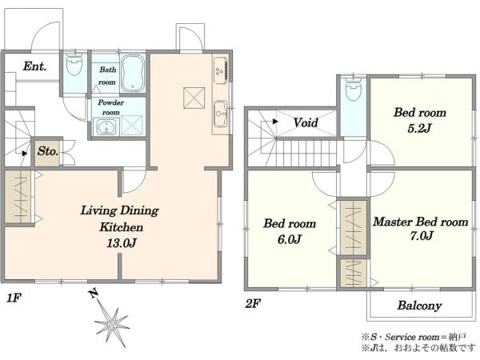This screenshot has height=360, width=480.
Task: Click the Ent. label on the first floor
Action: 34,66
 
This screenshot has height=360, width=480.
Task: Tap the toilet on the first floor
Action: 74,64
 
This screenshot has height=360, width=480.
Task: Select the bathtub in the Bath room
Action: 133,73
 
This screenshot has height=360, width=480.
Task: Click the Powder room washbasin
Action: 106,126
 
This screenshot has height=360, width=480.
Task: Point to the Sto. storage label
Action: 48,151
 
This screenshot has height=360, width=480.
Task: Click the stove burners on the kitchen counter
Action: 221,71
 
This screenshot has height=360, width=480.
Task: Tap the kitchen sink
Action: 221,114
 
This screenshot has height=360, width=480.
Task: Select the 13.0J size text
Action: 122,243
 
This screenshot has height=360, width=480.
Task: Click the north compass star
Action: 112,325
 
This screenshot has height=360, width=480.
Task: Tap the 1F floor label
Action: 14,298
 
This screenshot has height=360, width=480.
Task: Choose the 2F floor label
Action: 253,304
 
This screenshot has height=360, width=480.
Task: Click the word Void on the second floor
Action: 306,122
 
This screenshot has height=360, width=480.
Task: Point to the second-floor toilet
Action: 354,89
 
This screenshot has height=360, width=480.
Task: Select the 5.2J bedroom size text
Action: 419,128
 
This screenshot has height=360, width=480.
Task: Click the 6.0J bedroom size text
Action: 290,239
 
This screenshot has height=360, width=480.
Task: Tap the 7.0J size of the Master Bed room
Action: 422,236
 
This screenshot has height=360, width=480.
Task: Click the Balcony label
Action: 419,306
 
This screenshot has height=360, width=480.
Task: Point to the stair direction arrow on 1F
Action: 25,153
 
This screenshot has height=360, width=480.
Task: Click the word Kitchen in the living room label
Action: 122,227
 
